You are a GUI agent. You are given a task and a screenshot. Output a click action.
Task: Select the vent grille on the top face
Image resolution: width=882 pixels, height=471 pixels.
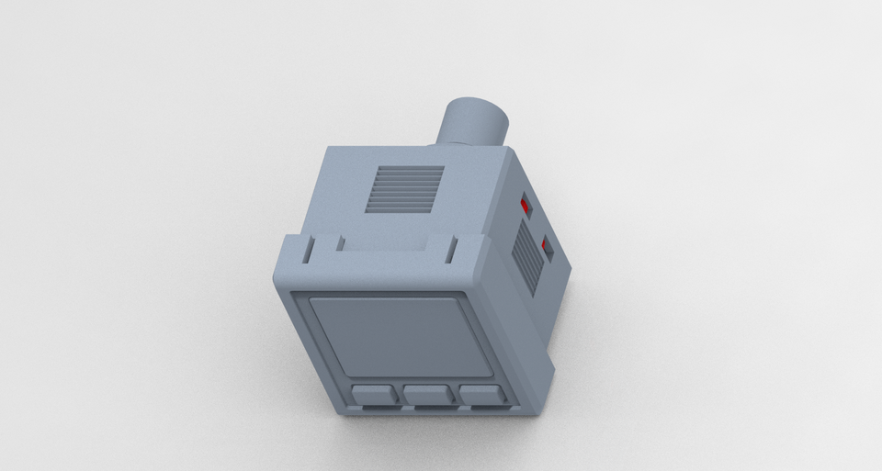(404, 188)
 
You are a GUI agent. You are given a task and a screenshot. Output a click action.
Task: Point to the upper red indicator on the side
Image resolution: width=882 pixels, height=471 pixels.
(526, 206)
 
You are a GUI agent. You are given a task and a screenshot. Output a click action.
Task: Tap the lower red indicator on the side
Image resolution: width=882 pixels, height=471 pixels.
(548, 248)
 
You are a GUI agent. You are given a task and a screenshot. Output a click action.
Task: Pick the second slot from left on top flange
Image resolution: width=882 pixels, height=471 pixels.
(340, 243)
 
